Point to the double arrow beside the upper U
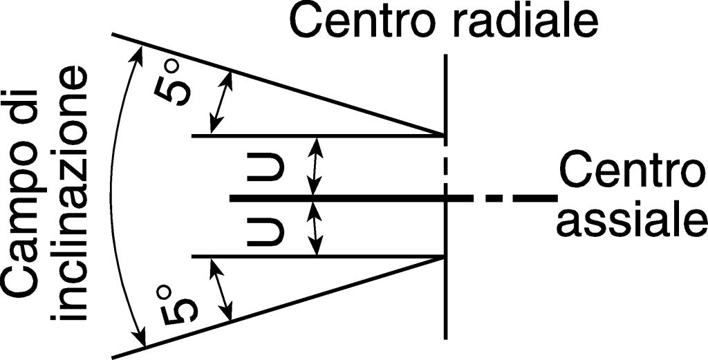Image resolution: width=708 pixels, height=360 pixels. coord(316,167)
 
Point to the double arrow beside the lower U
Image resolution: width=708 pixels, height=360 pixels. coord(316,228)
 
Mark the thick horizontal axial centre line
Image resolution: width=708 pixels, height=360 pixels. coord(346,198)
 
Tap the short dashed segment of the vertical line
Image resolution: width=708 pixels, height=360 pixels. coord(445,166)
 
